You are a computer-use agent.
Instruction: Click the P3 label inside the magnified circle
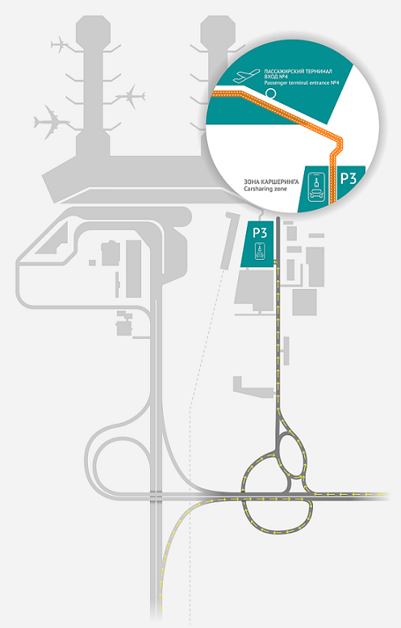348,178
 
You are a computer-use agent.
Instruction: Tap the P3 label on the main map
259,232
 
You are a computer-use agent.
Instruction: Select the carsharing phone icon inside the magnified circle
316,186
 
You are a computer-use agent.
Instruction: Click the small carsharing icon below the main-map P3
260,251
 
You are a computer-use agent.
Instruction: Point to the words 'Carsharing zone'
265,189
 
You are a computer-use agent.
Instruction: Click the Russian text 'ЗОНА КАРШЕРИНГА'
271,182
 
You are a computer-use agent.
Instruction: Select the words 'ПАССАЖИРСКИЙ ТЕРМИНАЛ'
297,72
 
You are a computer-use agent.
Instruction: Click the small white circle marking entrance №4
271,94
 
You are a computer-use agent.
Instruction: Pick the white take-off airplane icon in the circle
246,76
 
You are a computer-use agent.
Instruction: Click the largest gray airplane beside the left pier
51,122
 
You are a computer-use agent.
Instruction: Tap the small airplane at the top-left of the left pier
60,44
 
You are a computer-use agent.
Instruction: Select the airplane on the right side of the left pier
130,96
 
